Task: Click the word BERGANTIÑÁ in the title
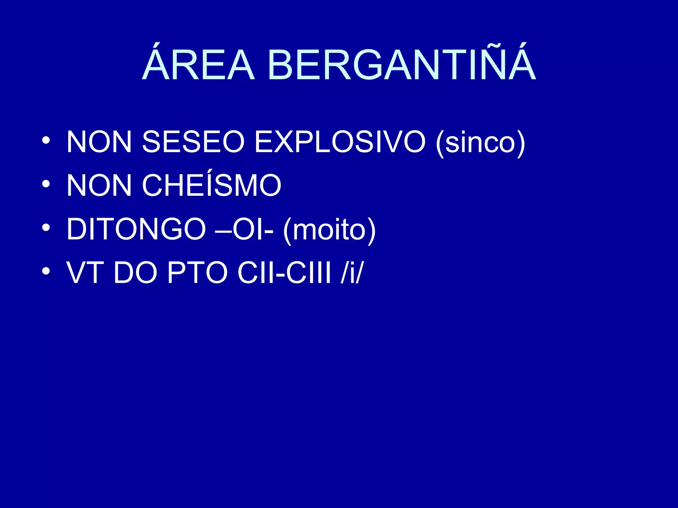(x=402, y=63)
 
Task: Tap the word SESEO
(x=193, y=142)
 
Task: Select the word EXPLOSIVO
(x=340, y=142)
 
